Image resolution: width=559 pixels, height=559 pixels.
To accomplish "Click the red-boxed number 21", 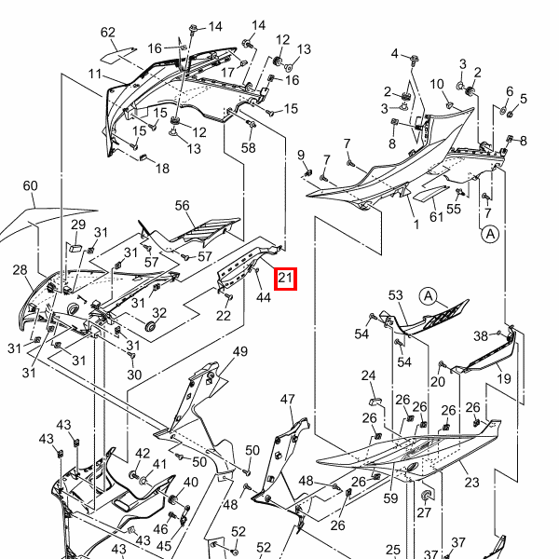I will [285, 278].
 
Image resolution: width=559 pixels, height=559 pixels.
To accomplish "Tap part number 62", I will [108, 33].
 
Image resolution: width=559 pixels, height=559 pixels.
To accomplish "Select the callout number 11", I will [96, 74].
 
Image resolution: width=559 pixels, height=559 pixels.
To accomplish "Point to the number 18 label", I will [162, 169].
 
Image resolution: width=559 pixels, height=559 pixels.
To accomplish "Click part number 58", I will [249, 148].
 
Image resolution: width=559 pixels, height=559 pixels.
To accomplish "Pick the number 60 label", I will [31, 186].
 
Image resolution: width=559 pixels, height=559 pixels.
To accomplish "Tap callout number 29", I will [78, 225].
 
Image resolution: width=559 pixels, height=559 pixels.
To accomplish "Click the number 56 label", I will [182, 206].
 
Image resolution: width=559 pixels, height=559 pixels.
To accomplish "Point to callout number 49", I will [240, 351].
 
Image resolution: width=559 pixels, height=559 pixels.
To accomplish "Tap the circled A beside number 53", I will [429, 296].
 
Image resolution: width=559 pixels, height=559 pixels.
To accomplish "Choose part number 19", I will [503, 379].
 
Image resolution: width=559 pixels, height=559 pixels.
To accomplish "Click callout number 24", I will [368, 376].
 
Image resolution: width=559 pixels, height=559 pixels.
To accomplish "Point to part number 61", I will [436, 217].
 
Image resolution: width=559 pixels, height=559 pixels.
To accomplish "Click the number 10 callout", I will [437, 85].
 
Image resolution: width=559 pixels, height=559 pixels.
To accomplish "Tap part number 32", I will [159, 313].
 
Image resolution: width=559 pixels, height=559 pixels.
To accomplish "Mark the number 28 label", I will [20, 270].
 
